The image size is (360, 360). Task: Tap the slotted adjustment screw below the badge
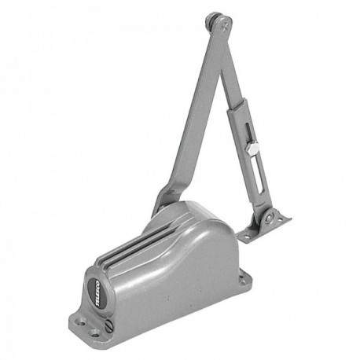tap(109, 323)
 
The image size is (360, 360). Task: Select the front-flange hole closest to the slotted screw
tap(96, 333)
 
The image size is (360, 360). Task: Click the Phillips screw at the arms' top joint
tap(226, 27)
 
